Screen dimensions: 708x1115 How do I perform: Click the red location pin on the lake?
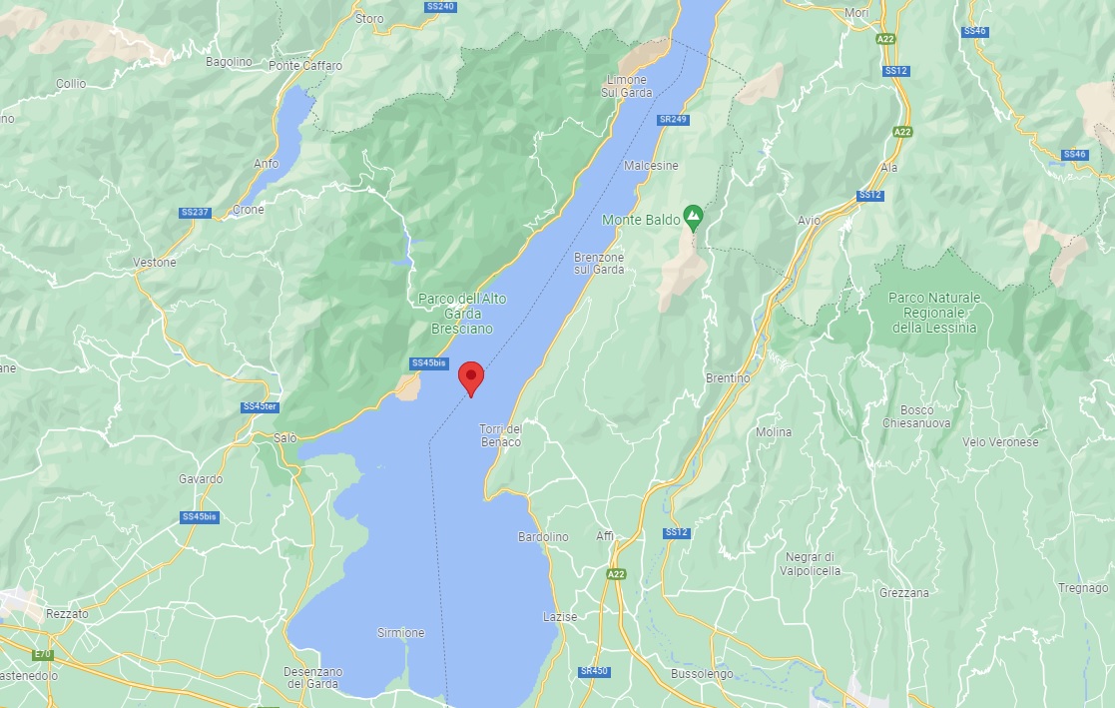coord(471,377)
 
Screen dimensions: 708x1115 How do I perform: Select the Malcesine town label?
coord(651,166)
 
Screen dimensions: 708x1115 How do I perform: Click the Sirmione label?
coord(401,633)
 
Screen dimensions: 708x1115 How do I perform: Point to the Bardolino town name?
coord(543,537)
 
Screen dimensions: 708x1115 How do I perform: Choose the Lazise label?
coord(560,617)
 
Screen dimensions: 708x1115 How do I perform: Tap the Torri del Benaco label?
coord(501,435)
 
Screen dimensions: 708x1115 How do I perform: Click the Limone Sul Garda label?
coord(626,86)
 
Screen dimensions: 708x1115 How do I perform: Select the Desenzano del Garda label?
coord(312,677)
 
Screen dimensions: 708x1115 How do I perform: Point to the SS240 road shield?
coord(440,6)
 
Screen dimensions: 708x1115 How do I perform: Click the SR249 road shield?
coord(674,120)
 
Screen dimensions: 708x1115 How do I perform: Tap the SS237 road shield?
coord(195,213)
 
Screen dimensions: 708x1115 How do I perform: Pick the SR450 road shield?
coord(593,672)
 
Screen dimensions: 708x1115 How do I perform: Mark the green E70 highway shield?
coord(42,654)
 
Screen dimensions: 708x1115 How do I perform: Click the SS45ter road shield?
coord(259,407)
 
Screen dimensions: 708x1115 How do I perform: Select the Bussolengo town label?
coord(704,674)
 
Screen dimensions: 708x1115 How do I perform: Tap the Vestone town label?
coord(155,263)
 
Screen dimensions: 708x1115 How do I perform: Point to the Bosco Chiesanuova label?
coord(916,416)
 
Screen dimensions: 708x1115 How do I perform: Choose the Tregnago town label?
coord(1084,588)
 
